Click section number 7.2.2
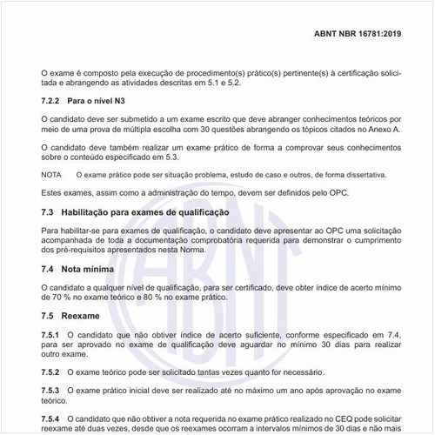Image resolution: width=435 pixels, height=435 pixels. pyautogui.click(x=54, y=102)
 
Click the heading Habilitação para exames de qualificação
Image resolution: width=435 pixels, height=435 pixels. pyautogui.click(x=150, y=212)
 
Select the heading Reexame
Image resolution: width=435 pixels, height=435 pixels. pyautogui.click(x=84, y=314)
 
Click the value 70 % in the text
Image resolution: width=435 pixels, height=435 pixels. pyautogui.click(x=73, y=296)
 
